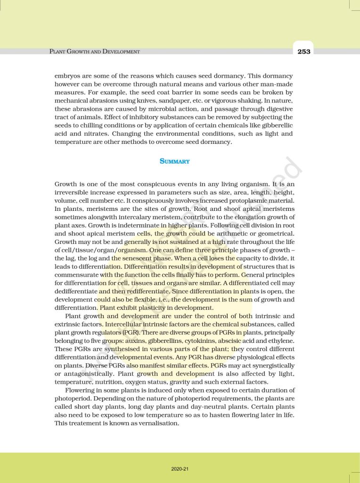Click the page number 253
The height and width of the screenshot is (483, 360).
pos(304,51)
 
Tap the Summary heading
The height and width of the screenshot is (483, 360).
pos(174,161)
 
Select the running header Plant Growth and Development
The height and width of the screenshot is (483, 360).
pos(95,51)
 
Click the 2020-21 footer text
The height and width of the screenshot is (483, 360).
pos(180,469)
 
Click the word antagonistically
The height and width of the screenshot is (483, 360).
pos(82,374)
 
